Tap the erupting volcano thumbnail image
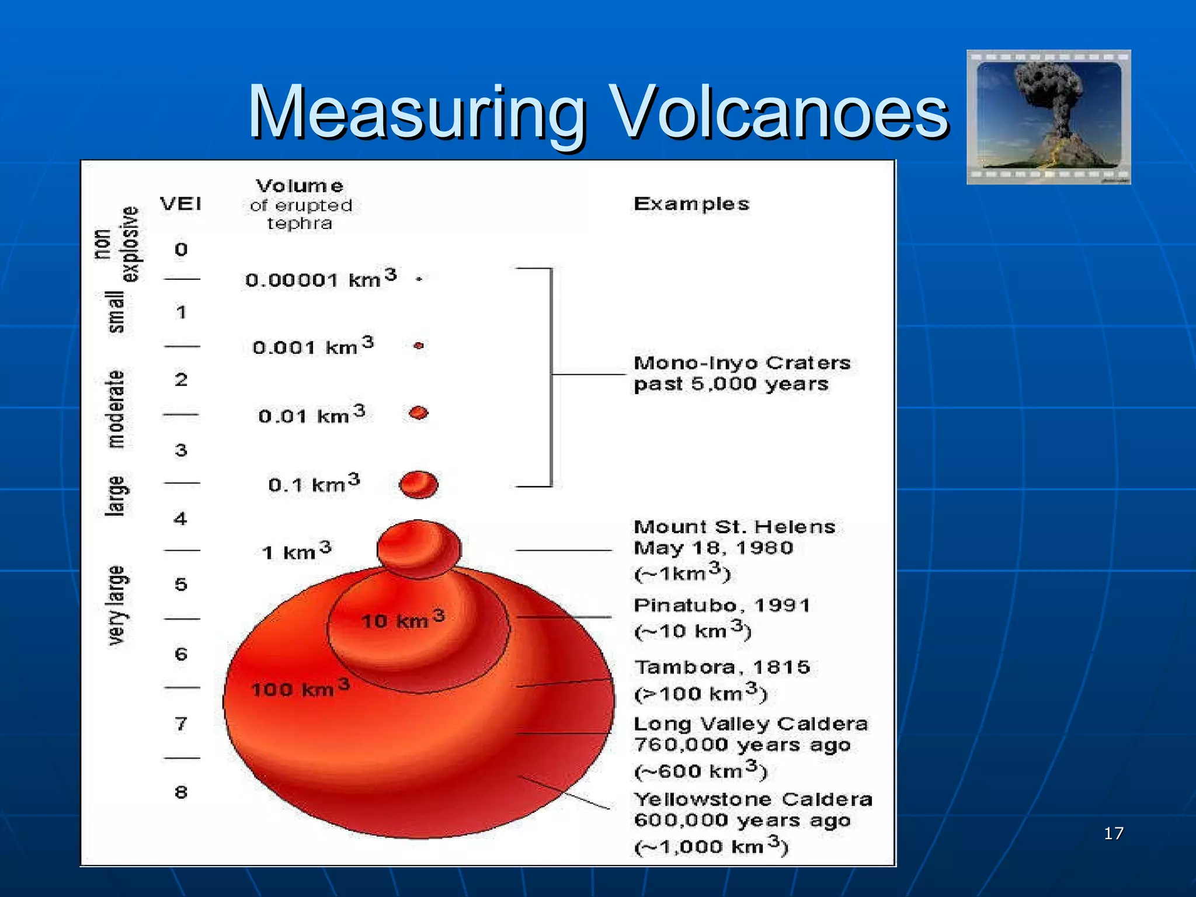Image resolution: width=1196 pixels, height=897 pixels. (x=1048, y=117)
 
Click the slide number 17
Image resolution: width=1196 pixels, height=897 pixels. (x=1114, y=833)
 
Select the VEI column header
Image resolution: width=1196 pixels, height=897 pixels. (x=181, y=204)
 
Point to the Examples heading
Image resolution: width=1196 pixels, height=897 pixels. (x=691, y=204)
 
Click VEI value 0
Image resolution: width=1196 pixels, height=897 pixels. (x=181, y=249)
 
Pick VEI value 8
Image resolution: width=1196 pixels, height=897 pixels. (x=181, y=792)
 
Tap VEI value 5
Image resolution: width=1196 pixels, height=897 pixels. (x=181, y=584)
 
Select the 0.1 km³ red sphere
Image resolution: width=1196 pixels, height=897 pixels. (x=418, y=484)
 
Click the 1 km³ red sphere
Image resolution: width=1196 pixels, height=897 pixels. (x=419, y=548)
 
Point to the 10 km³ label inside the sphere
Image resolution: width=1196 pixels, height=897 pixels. (x=402, y=619)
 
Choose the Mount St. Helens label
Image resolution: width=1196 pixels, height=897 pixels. (x=734, y=527)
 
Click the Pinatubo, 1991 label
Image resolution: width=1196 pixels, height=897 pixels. (x=722, y=605)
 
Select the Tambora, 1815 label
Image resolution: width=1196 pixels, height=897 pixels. (x=722, y=667)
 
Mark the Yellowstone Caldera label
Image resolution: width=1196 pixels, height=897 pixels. (x=753, y=799)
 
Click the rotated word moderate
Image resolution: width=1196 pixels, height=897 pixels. (x=116, y=409)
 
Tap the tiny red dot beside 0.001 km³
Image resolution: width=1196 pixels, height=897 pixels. (x=418, y=346)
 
